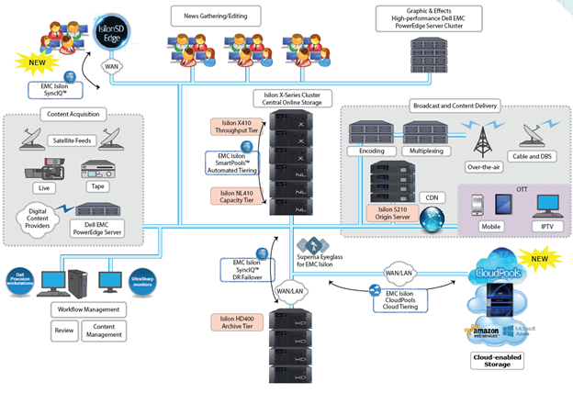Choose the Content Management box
coord(105,331)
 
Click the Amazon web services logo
coord(484,331)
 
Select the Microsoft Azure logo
coord(522,331)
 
